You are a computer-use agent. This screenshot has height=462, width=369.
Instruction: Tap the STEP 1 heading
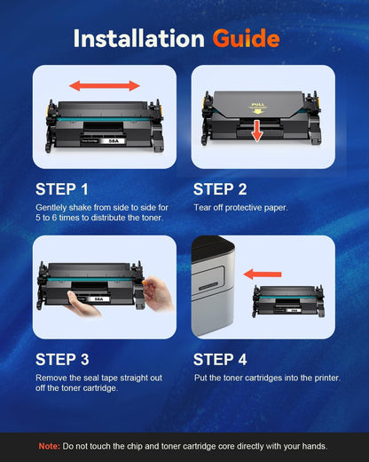(61, 189)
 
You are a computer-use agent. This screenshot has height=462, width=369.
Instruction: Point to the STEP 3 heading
(61, 360)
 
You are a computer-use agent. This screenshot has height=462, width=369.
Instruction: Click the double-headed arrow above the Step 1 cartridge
(106, 86)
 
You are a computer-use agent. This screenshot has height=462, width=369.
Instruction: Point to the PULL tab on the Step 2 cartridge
(257, 105)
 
